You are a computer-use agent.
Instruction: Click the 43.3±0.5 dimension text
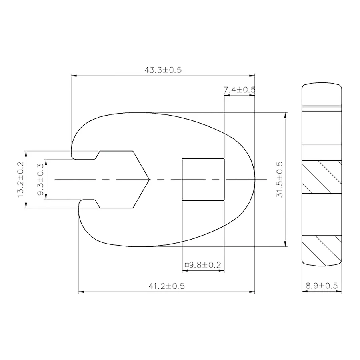pyautogui.click(x=163, y=70)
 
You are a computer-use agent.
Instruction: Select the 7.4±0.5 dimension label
pyautogui.click(x=240, y=90)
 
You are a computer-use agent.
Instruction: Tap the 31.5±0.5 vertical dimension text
pyautogui.click(x=280, y=179)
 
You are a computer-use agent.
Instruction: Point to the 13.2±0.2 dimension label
pyautogui.click(x=20, y=179)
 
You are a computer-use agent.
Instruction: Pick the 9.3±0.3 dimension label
pyautogui.click(x=40, y=179)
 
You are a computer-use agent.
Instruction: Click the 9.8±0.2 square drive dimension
pyautogui.click(x=203, y=265)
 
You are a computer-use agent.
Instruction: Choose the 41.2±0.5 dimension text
pyautogui.click(x=166, y=286)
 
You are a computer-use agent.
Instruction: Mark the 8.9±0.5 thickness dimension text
pyautogui.click(x=322, y=286)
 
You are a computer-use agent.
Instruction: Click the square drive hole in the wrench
pyautogui.click(x=203, y=179)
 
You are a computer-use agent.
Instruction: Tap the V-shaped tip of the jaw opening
pyautogui.click(x=150, y=179)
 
